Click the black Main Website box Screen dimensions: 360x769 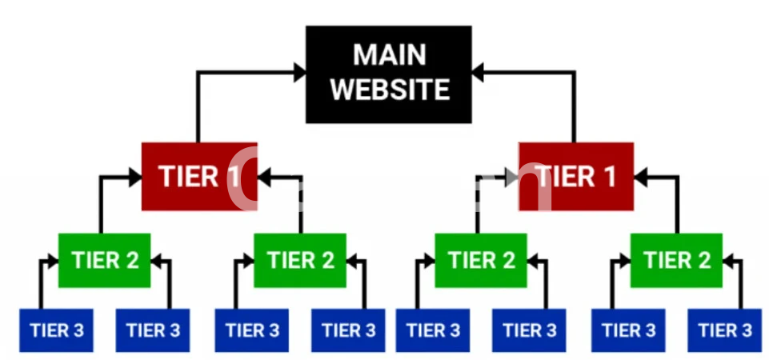[388, 74]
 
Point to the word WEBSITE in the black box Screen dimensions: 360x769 [389, 89]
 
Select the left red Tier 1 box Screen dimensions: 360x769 [198, 176]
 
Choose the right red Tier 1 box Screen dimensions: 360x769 [575, 176]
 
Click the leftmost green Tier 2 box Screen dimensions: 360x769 [105, 260]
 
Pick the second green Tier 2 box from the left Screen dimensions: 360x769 [300, 260]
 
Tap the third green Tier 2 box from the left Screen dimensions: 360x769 [481, 260]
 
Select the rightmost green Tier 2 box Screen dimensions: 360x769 [676, 260]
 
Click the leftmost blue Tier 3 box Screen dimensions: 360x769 [56, 330]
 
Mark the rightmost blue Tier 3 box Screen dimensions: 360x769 [725, 330]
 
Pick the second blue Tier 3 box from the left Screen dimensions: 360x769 [153, 330]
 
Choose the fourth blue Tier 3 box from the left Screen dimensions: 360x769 [349, 330]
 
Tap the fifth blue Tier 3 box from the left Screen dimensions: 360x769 [432, 330]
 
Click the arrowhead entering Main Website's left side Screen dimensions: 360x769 [299, 73]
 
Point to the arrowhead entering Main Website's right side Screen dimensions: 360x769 [478, 73]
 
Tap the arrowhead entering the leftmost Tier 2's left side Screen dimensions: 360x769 [52, 260]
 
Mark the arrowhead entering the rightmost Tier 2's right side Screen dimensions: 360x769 [729, 260]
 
